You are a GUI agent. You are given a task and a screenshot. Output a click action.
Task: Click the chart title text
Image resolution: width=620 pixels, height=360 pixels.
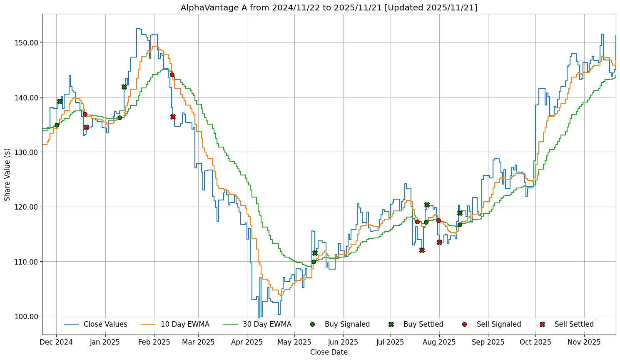coord(329,7)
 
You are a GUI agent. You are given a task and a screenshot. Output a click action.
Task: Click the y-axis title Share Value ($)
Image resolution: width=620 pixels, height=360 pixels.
coord(7,174)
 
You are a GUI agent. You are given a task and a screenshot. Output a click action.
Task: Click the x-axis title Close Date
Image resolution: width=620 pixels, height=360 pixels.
coord(329,352)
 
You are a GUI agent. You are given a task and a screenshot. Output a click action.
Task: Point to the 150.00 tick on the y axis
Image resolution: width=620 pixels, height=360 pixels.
coord(27,43)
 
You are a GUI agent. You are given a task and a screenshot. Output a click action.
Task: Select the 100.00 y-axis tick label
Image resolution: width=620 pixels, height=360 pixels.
coord(27,316)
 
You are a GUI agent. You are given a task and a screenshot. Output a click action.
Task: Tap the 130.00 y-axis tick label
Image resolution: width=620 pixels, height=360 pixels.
coord(27,152)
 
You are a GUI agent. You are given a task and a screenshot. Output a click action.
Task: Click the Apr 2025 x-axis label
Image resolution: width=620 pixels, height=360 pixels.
coord(247,342)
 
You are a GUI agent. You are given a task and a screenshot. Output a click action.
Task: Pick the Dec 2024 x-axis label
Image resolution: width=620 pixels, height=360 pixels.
coord(57,342)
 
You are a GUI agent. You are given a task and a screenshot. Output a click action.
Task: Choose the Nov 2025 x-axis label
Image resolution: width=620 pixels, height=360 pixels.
coord(584,342)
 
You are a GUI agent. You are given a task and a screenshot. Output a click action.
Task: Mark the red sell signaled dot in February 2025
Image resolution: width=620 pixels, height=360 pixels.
coord(172,75)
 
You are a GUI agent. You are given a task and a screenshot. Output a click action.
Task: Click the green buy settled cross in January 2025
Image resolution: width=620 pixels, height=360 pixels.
coord(124,87)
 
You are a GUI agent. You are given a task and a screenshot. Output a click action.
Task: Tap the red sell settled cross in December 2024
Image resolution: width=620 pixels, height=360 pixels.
coord(86,127)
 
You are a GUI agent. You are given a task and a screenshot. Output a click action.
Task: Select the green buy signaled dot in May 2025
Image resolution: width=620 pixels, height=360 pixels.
coord(314,262)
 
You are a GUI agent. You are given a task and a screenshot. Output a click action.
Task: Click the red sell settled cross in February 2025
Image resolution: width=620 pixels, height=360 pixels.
coord(173,117)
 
